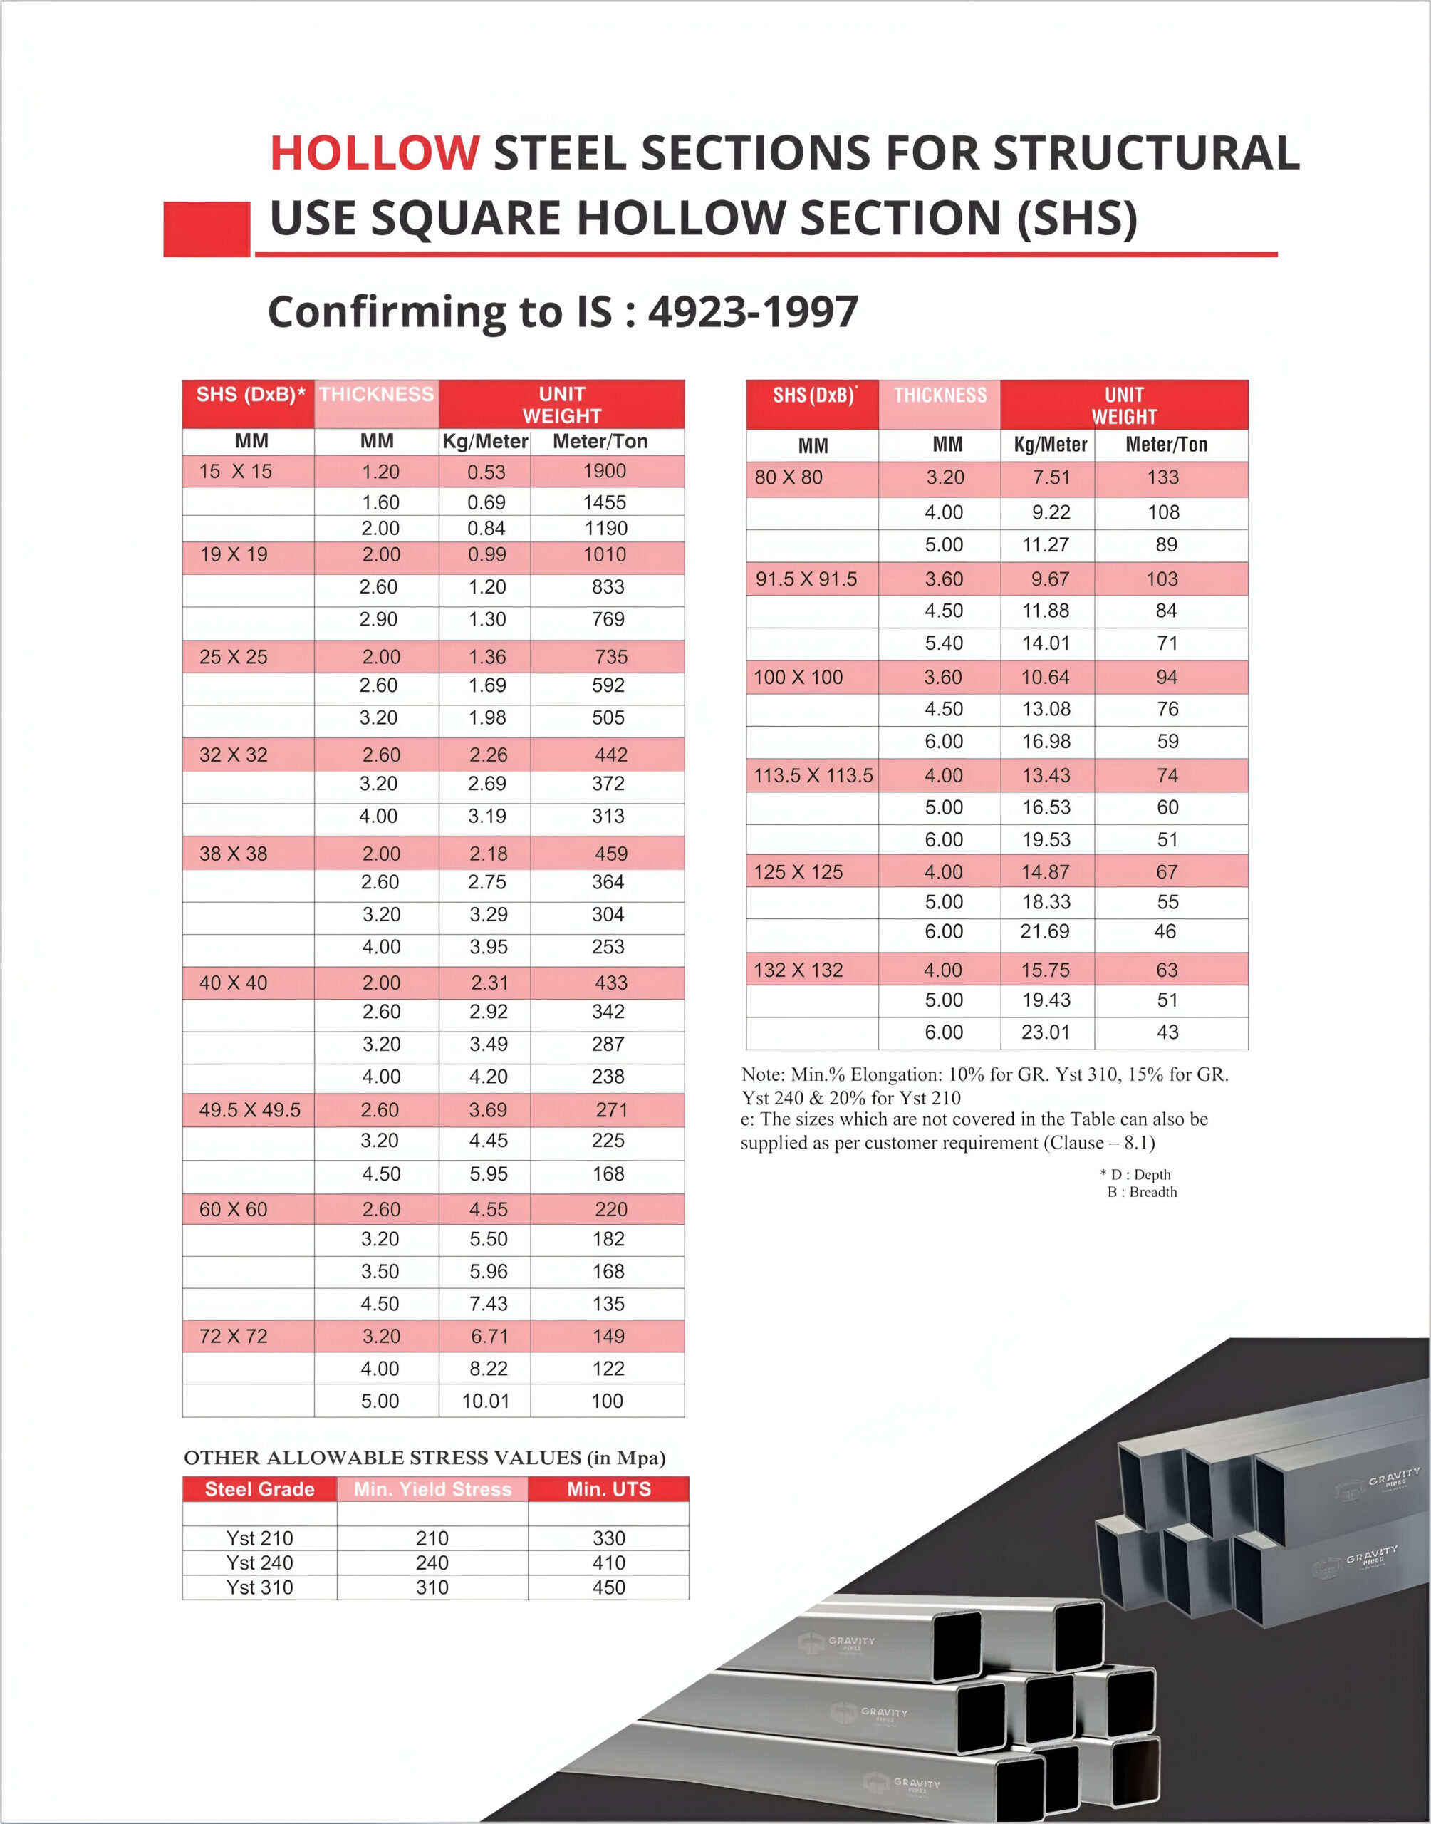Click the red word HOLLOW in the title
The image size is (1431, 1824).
point(375,153)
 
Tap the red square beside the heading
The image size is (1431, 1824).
point(206,229)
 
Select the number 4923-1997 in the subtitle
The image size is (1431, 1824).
point(753,311)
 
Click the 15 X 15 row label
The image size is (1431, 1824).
point(236,472)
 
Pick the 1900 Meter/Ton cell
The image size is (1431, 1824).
point(604,471)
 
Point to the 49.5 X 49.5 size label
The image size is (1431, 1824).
point(250,1110)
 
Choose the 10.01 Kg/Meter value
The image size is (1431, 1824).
point(486,1401)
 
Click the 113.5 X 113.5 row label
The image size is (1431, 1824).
point(813,776)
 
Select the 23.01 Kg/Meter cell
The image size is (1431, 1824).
point(1046,1032)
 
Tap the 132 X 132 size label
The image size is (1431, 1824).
point(798,970)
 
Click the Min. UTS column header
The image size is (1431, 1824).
point(608,1489)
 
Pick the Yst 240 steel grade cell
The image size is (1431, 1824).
point(260,1563)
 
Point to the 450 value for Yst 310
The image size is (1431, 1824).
point(608,1587)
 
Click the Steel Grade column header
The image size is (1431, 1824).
point(260,1489)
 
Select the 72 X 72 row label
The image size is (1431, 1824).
point(233,1337)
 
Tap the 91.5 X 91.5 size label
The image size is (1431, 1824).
point(806,580)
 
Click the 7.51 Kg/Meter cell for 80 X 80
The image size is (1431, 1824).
point(1051,477)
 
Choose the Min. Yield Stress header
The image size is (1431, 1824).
point(432,1489)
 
